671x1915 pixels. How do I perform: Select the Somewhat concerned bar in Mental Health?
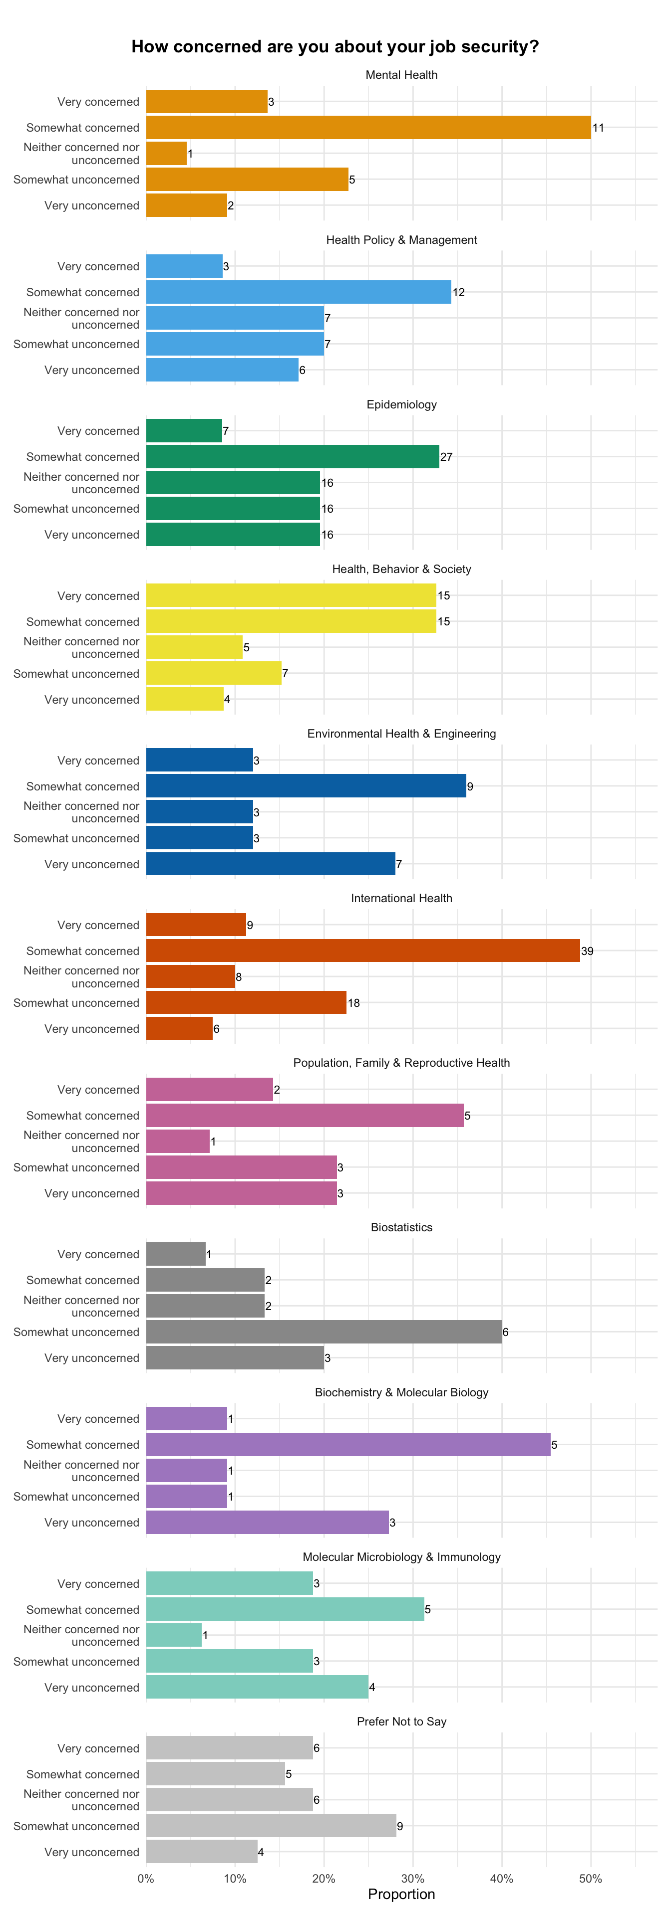[368, 127]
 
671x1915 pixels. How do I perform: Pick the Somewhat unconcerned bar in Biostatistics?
[325, 1332]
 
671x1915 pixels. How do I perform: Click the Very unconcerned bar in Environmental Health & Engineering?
[271, 864]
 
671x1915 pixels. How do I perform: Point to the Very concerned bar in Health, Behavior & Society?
[291, 595]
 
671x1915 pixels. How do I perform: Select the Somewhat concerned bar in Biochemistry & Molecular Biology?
[348, 1444]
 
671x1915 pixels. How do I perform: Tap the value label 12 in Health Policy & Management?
[458, 292]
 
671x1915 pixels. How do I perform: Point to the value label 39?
[587, 951]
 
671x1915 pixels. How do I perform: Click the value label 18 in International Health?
[353, 1003]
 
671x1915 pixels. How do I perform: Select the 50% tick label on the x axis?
[591, 1879]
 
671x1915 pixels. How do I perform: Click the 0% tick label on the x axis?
[146, 1879]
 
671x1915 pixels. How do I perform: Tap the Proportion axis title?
[402, 1894]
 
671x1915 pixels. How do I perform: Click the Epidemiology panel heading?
[402, 404]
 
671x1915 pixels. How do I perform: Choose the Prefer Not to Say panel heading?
[402, 1721]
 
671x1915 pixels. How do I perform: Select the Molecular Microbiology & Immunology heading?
[402, 1556]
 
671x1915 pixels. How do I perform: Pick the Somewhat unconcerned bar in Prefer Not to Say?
[272, 1825]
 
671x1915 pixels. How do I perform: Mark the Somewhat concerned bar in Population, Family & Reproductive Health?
[305, 1115]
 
